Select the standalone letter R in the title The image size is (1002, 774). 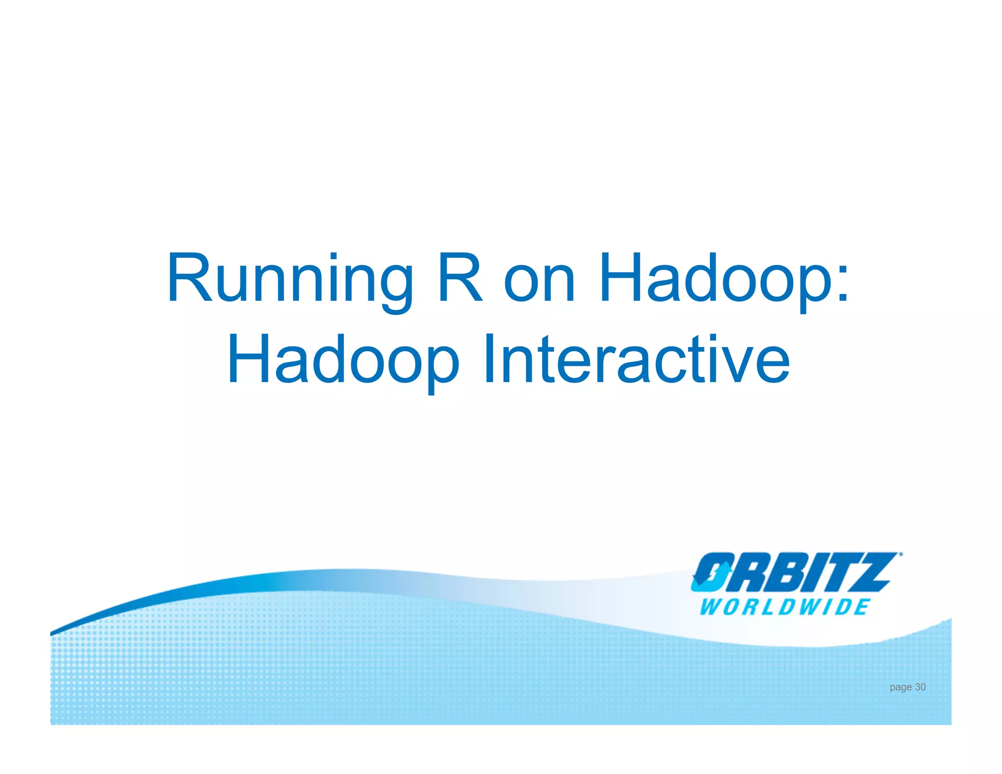(460, 278)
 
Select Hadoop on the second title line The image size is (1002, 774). (342, 360)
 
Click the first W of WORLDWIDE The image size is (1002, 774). (709, 607)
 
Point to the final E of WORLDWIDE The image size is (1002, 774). (861, 607)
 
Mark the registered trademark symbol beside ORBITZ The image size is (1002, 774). (901, 555)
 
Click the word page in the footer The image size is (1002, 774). (901, 687)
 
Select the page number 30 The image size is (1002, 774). (920, 687)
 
